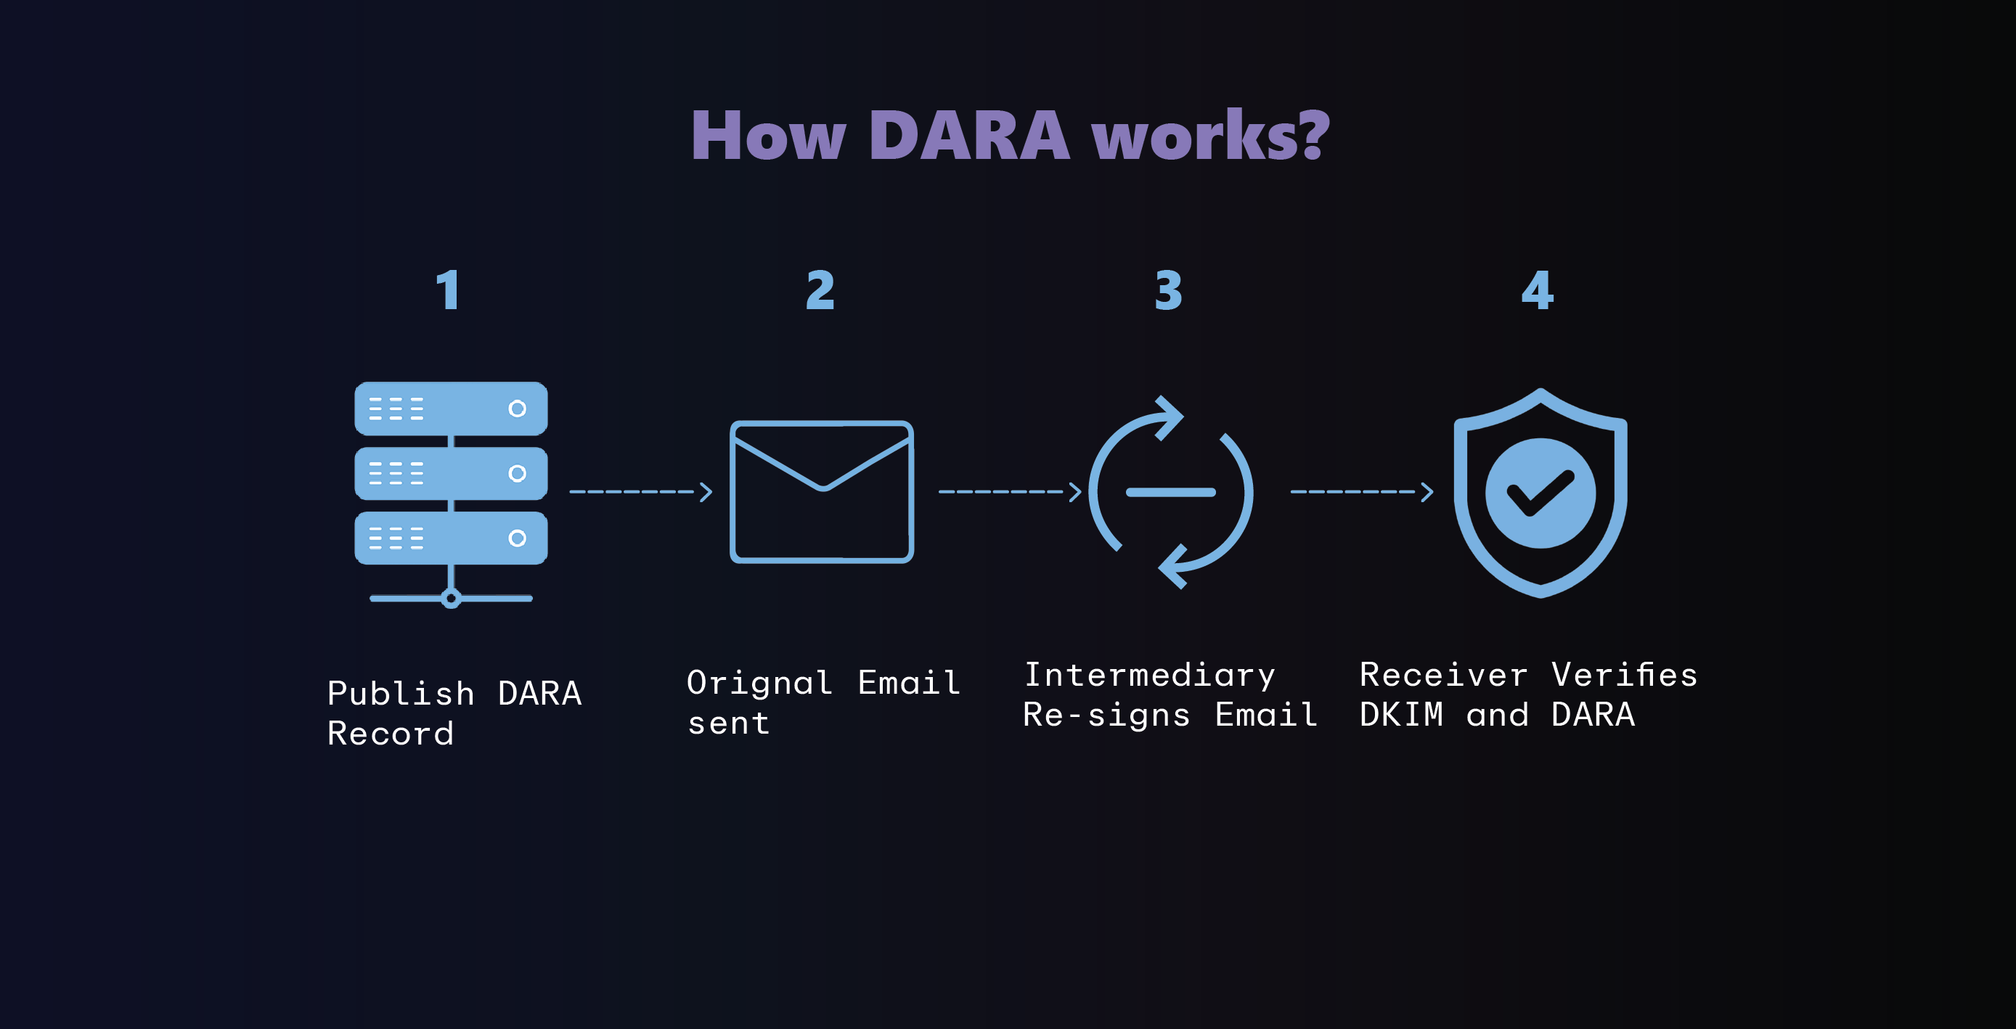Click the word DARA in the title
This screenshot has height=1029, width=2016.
968,136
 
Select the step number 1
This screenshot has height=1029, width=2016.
448,290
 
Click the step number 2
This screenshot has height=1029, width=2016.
820,290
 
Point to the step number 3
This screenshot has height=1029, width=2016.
1168,290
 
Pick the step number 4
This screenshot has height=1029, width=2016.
1537,290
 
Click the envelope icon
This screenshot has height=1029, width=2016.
822,491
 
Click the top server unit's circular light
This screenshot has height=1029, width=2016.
516,409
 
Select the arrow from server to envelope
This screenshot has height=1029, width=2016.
640,491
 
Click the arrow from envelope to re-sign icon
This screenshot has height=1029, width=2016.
1010,491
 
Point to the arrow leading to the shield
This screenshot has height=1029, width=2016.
1362,491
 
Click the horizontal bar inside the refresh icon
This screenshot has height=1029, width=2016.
1170,492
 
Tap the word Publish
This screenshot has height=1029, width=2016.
401,694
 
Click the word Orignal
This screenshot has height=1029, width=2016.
759,683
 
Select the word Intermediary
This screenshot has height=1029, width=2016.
1150,676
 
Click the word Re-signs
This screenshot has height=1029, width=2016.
1106,716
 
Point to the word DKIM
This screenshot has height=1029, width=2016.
1401,716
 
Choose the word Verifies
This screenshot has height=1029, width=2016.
1624,676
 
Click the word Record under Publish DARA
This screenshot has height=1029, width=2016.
391,734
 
